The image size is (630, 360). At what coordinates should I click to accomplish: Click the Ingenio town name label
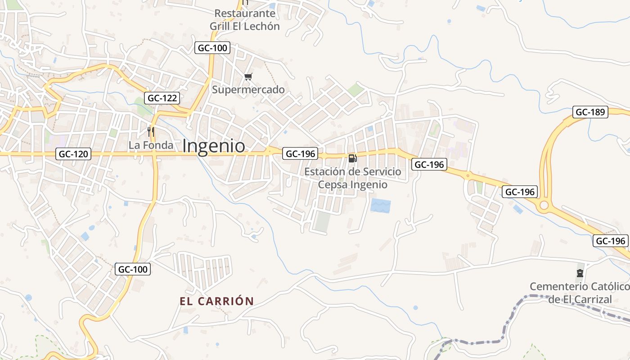click(x=214, y=146)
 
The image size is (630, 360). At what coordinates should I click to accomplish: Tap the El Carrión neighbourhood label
click(x=217, y=301)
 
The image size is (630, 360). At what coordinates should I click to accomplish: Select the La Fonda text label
click(x=151, y=145)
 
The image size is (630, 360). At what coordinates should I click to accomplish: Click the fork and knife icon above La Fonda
click(x=151, y=132)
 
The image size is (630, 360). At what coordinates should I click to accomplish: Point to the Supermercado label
click(x=248, y=90)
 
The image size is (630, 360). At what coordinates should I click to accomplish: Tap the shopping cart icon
click(x=248, y=77)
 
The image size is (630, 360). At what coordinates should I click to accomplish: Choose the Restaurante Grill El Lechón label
click(x=245, y=20)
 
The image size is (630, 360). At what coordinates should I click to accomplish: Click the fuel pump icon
click(x=353, y=158)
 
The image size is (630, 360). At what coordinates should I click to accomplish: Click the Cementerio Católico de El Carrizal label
click(x=580, y=293)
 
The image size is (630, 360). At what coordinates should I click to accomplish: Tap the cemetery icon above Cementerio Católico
click(x=580, y=273)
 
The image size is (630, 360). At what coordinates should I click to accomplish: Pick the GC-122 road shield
click(x=163, y=98)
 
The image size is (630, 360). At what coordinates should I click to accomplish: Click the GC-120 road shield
click(x=74, y=154)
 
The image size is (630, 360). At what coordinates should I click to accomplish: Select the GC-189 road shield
click(x=590, y=112)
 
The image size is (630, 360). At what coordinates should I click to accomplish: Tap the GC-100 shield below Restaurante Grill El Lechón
click(x=212, y=48)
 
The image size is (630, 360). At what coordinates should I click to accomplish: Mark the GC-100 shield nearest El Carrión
click(x=133, y=269)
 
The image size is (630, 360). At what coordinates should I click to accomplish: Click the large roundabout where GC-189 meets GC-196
click(x=544, y=206)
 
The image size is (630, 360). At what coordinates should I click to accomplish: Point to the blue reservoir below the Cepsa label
click(x=380, y=206)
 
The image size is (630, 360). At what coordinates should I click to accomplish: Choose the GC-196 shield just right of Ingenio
click(x=301, y=153)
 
